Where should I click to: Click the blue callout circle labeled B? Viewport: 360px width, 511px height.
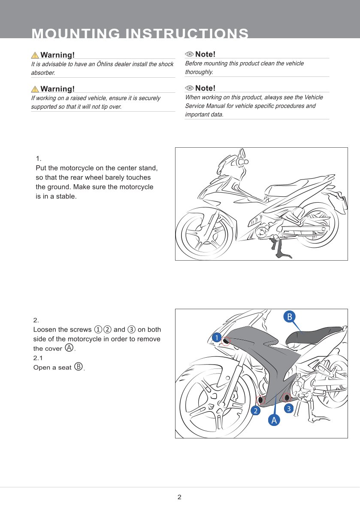[x=289, y=317]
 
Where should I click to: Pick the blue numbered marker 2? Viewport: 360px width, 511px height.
[x=255, y=411]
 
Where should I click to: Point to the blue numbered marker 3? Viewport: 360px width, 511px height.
[x=289, y=408]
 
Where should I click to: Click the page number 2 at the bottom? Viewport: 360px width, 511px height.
[x=179, y=497]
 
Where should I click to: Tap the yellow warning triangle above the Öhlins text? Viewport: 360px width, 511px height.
[x=35, y=55]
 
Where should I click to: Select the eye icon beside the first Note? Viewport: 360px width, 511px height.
[x=189, y=54]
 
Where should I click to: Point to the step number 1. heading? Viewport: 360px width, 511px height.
[x=39, y=158]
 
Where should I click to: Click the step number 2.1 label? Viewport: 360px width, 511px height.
[x=39, y=358]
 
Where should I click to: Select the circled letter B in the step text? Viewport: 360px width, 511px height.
[x=79, y=367]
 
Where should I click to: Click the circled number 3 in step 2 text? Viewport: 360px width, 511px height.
[x=131, y=329]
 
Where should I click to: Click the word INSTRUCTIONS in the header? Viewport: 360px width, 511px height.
[x=186, y=34]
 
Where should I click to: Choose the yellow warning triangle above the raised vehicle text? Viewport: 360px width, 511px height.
[x=35, y=89]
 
